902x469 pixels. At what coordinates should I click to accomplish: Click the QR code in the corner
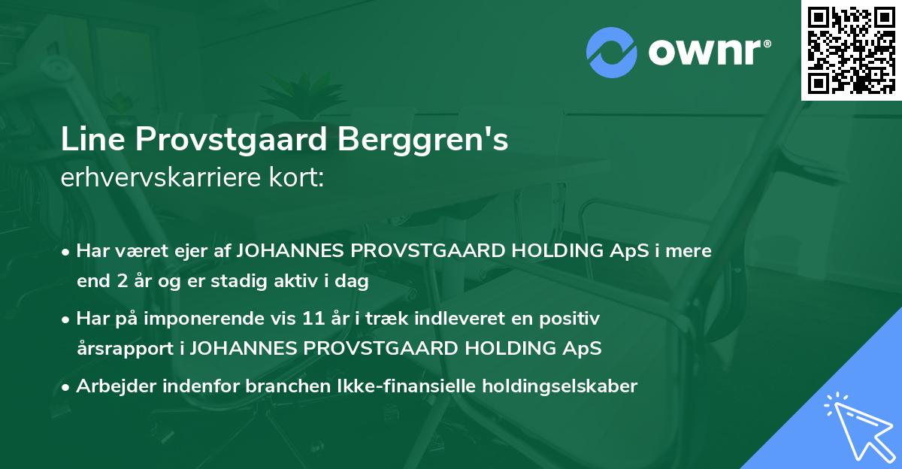(x=850, y=50)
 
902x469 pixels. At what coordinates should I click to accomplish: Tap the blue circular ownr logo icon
(x=612, y=52)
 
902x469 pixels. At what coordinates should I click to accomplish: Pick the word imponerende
(x=241, y=319)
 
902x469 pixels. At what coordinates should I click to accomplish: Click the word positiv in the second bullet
(x=575, y=319)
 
